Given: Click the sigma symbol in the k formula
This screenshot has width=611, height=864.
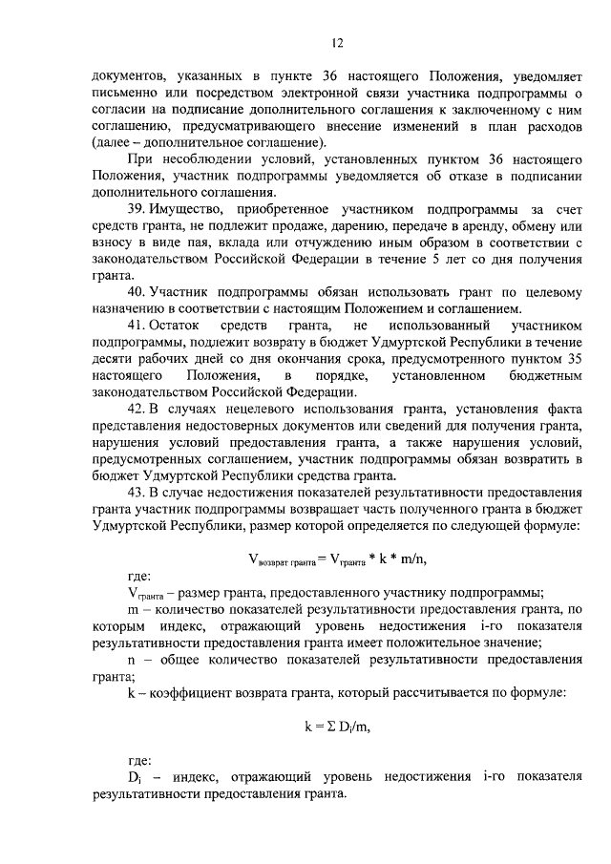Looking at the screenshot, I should (x=323, y=727).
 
